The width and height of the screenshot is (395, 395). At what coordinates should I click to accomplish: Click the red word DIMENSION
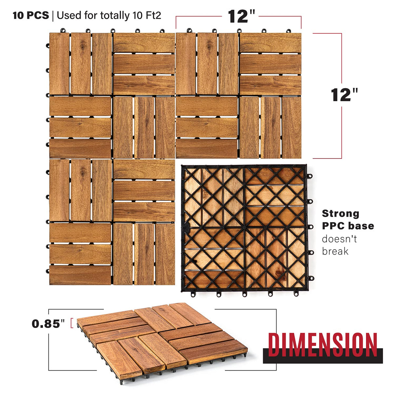(x=322, y=344)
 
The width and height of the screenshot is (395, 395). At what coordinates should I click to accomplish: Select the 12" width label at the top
(x=241, y=16)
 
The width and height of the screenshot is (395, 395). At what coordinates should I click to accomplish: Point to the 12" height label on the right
(x=344, y=95)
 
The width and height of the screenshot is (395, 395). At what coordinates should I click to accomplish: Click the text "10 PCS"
(x=31, y=15)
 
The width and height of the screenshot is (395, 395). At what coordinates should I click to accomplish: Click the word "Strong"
(x=341, y=213)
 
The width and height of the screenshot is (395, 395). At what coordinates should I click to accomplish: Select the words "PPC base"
(x=348, y=226)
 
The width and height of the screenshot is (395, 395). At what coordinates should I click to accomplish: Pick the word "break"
(x=335, y=251)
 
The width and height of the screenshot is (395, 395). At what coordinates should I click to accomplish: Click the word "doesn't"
(x=339, y=239)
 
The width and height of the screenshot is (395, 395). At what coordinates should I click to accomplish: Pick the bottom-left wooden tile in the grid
(x=112, y=222)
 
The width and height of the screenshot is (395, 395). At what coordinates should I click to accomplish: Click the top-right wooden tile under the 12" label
(x=238, y=96)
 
